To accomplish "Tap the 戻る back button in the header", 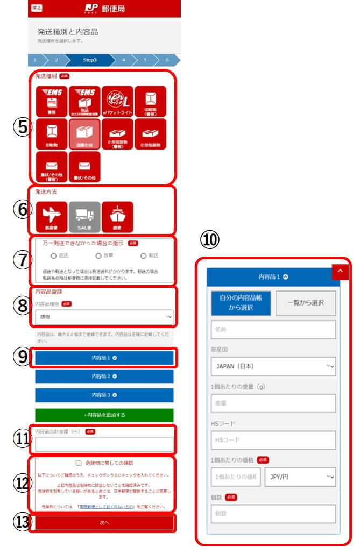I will [37, 8].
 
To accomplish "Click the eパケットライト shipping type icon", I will [117, 101].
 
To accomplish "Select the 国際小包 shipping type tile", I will [84, 134].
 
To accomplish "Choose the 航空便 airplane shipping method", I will [52, 216].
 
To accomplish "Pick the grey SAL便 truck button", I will [84, 216].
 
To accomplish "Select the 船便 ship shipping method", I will [117, 216].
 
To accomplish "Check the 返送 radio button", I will [53, 255].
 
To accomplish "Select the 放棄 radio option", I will [98, 255].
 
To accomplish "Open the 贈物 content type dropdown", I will [104, 317].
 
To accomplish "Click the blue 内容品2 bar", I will [104, 376].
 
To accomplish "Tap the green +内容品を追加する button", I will [104, 415].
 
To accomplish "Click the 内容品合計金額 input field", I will [104, 444].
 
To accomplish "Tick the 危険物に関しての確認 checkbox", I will [79, 463].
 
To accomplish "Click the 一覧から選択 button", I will [306, 303].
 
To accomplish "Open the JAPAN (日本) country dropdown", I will [273, 367].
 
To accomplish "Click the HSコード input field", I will [273, 439].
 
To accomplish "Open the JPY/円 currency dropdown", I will [300, 477].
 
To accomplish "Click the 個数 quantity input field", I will [273, 513].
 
